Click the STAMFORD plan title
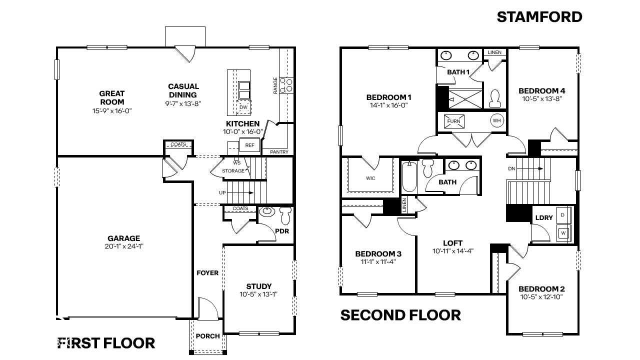pyautogui.click(x=539, y=17)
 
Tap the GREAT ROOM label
pyautogui.click(x=112, y=97)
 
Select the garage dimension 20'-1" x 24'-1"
pyautogui.click(x=123, y=246)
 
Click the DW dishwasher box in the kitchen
pyautogui.click(x=243, y=107)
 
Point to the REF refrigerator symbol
pyautogui.click(x=249, y=145)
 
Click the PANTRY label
pyautogui.click(x=279, y=151)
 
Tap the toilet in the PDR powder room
pyautogui.click(x=285, y=215)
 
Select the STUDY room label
pyautogui.click(x=259, y=286)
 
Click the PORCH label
pyautogui.click(x=207, y=336)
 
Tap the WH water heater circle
pyautogui.click(x=496, y=120)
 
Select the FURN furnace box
pyautogui.click(x=453, y=121)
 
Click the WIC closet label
pyautogui.click(x=370, y=178)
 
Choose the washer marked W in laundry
pyautogui.click(x=563, y=232)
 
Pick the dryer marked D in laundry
pyautogui.click(x=563, y=214)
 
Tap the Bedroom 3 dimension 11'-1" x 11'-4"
pyautogui.click(x=378, y=261)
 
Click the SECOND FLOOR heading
pyautogui.click(x=400, y=315)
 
